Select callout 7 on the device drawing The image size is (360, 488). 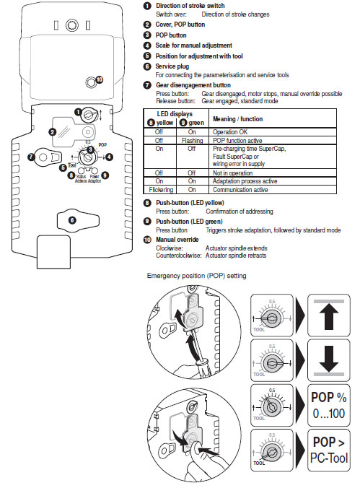(31, 156)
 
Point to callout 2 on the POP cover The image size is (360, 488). (52, 132)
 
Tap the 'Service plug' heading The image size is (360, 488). (174, 65)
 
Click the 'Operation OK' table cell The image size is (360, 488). (232, 133)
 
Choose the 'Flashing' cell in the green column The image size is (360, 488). (192, 140)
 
